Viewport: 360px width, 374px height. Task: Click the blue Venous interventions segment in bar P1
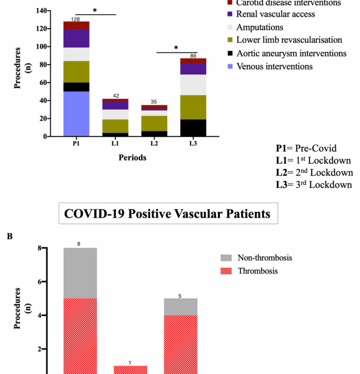click(x=76, y=114)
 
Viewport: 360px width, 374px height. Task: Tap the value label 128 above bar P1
click(x=76, y=19)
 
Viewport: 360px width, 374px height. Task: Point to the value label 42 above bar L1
click(x=115, y=96)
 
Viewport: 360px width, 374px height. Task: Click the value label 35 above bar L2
click(x=154, y=102)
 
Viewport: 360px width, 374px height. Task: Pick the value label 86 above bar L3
click(x=193, y=56)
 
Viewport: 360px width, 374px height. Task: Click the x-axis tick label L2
click(x=154, y=144)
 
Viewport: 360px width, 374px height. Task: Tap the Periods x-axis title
click(x=132, y=158)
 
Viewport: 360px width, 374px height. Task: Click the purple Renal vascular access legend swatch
click(x=230, y=15)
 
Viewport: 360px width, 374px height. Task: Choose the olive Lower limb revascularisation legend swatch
click(x=230, y=40)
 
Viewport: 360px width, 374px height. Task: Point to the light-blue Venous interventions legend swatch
click(x=230, y=66)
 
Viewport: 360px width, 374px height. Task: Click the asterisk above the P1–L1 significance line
click(x=95, y=11)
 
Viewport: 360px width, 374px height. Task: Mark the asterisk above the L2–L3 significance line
click(x=176, y=48)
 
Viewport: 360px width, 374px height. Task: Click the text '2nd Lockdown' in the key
click(x=314, y=172)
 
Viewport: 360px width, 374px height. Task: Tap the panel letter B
click(x=10, y=236)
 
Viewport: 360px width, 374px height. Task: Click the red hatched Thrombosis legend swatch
click(x=226, y=271)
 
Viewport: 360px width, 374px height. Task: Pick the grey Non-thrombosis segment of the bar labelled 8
click(x=80, y=273)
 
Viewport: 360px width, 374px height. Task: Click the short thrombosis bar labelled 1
click(x=130, y=370)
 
